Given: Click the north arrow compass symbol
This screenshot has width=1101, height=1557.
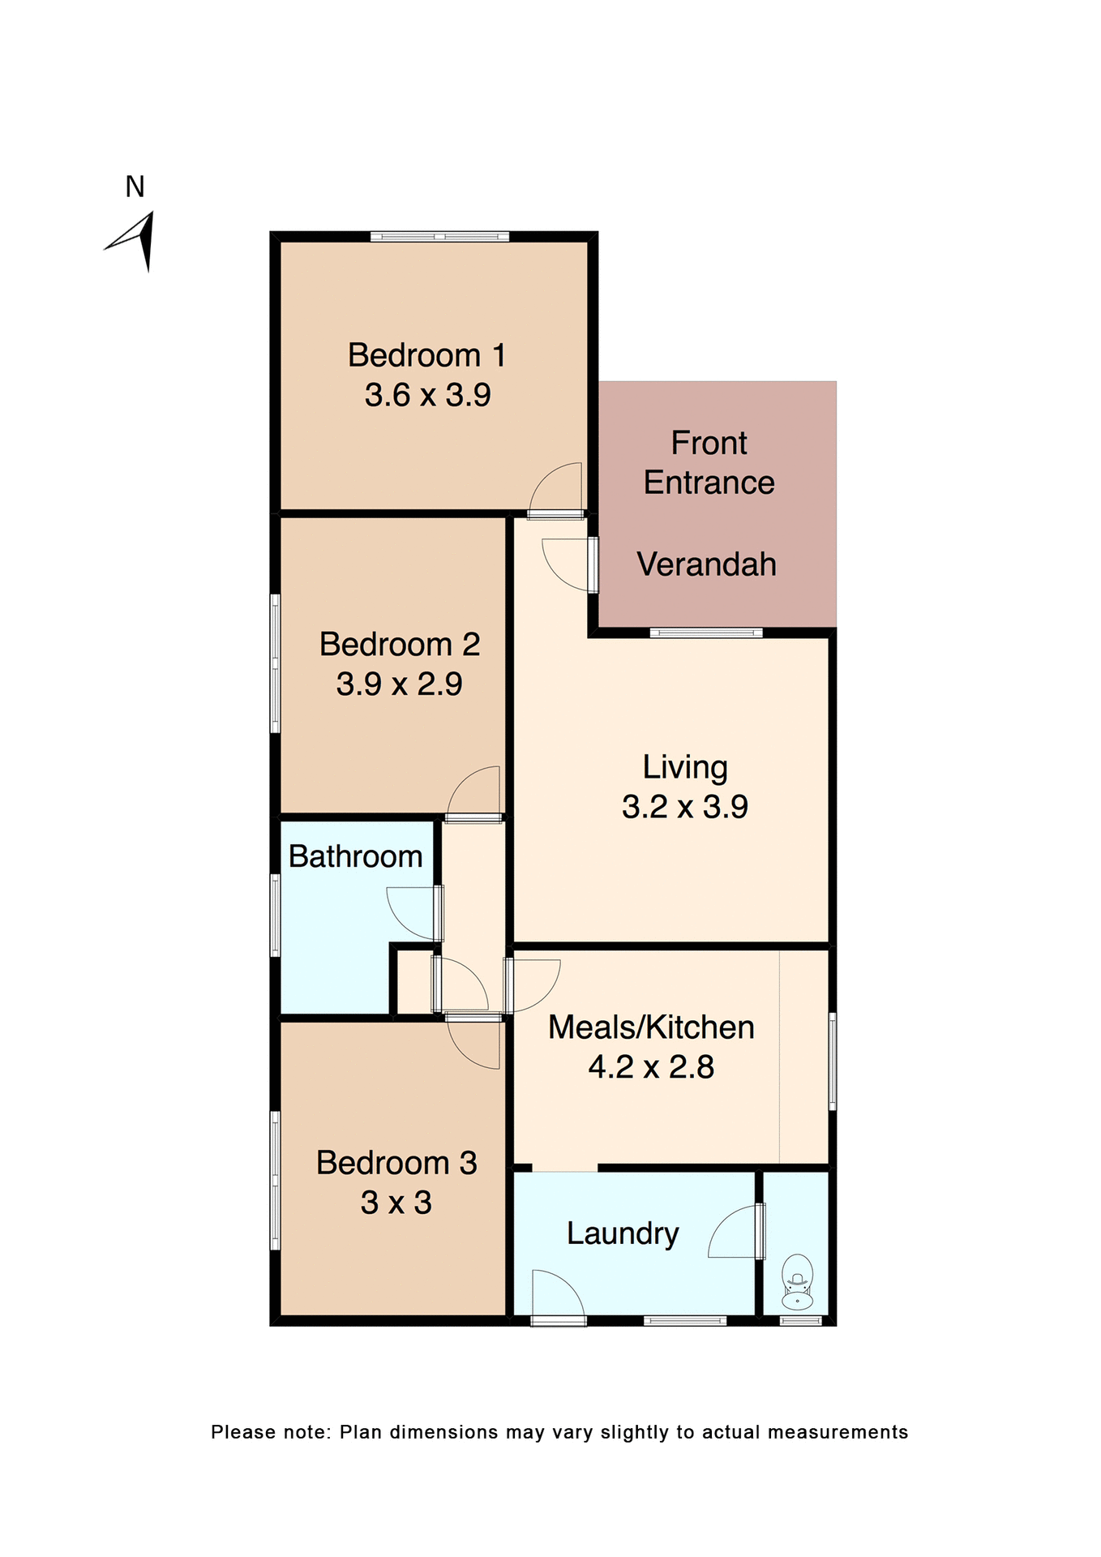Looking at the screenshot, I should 135,241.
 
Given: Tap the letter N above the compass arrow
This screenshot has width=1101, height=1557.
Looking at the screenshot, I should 135,187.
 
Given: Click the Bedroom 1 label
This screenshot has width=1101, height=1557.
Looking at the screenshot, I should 426,355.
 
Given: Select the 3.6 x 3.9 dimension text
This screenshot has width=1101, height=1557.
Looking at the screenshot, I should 427,395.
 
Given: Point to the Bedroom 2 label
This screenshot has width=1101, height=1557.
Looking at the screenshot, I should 399,644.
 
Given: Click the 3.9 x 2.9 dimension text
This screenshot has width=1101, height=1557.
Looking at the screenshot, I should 399,684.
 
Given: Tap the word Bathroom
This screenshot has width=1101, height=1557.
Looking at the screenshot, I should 355,856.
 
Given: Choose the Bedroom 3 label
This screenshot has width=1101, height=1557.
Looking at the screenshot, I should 396,1162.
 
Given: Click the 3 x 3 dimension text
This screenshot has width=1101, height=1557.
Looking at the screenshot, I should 396,1202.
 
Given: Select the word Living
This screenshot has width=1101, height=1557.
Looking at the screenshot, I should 685,767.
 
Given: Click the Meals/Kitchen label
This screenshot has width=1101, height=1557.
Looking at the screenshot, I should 651,1027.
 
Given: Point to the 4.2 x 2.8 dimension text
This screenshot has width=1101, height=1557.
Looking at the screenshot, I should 651,1066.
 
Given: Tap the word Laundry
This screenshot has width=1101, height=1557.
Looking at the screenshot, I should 622,1233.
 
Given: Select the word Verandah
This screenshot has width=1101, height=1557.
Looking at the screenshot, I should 706,564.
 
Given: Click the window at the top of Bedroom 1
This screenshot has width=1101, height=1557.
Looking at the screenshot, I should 439,237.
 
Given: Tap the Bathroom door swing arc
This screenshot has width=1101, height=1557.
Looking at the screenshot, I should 412,913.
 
